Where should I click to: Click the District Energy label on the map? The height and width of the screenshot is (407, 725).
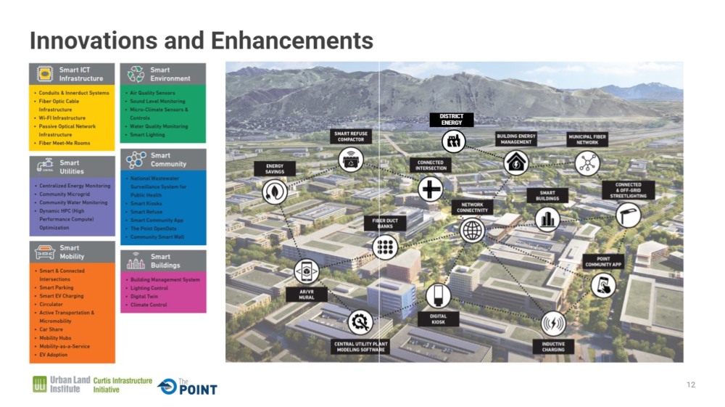tap(452, 120)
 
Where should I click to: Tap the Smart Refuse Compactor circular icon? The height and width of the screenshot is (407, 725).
tap(351, 158)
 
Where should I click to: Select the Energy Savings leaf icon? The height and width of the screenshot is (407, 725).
tap(275, 190)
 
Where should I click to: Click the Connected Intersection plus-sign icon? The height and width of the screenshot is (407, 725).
tap(430, 189)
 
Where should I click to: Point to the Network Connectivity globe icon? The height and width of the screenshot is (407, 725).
tap(472, 230)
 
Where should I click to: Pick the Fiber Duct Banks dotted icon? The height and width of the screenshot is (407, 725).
tap(385, 247)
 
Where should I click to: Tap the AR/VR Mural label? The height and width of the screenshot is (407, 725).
tap(306, 295)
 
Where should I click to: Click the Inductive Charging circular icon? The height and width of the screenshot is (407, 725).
tap(553, 322)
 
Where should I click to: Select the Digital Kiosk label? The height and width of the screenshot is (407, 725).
tap(438, 319)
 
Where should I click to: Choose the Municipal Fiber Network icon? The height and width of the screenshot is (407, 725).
tap(587, 163)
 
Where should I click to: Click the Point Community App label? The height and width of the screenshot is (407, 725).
tap(603, 262)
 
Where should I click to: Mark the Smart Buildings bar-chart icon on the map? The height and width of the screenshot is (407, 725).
tap(547, 218)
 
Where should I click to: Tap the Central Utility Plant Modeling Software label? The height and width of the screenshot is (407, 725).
tap(360, 347)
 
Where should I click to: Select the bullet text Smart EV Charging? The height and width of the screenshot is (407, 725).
tap(62, 296)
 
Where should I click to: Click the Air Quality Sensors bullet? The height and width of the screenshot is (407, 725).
tap(152, 94)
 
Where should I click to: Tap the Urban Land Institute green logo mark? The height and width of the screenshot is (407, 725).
tap(40, 385)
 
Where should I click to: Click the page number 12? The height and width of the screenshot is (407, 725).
tap(691, 385)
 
